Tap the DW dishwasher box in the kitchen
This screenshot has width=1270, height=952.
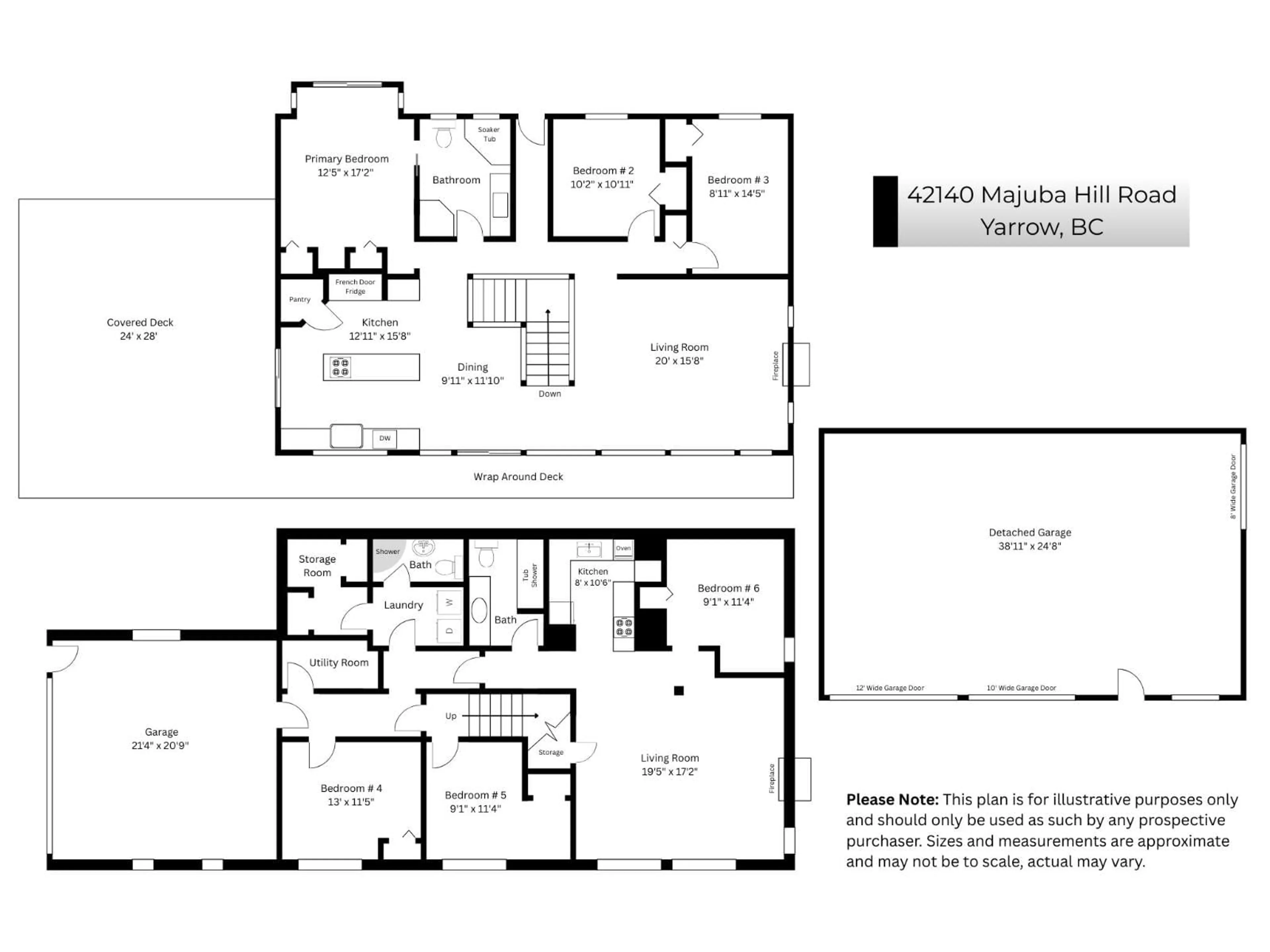[x=385, y=438]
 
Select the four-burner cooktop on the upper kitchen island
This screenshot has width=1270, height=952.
[x=340, y=367]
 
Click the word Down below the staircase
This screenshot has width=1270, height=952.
[x=549, y=394]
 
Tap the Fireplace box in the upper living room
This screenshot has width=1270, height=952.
[x=796, y=364]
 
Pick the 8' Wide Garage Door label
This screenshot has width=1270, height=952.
[x=1233, y=487]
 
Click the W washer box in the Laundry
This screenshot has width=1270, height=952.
[x=449, y=602]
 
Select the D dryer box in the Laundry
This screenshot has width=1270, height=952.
[x=449, y=631]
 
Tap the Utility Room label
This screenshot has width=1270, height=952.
[x=339, y=663]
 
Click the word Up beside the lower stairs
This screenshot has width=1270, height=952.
[x=451, y=716]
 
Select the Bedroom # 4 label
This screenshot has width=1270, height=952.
[x=351, y=788]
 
